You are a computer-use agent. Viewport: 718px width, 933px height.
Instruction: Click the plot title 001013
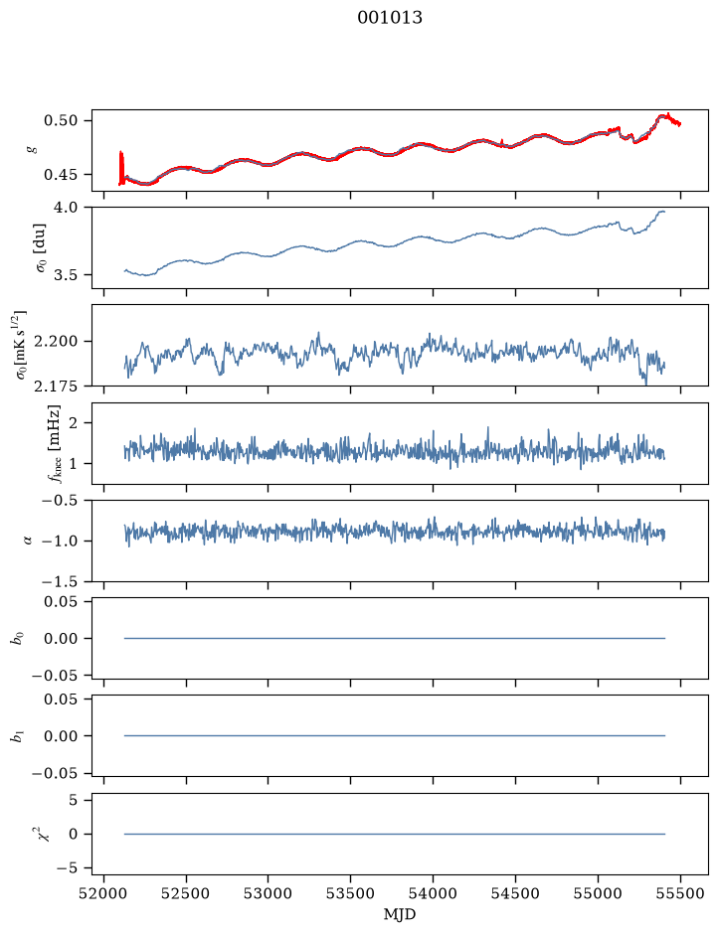390,18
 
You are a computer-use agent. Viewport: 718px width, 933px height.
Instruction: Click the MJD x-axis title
400,914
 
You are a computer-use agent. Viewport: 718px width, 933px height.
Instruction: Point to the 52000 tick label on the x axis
103,893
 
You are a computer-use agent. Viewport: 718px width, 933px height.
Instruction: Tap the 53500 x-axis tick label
350,893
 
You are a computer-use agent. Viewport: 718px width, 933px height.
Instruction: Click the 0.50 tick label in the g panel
61,121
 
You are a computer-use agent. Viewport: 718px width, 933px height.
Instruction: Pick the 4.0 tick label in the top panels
66,208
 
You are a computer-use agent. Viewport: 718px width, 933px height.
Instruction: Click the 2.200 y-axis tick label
56,342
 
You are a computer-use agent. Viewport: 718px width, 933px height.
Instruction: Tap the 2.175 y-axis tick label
56,387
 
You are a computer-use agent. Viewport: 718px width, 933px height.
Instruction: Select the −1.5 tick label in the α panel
60,581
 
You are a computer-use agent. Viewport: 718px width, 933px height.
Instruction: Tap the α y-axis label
29,541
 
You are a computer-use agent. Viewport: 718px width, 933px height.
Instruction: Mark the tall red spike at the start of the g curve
121,168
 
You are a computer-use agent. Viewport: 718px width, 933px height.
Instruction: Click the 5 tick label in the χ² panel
74,800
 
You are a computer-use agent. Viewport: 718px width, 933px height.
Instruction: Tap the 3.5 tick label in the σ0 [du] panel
66,275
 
